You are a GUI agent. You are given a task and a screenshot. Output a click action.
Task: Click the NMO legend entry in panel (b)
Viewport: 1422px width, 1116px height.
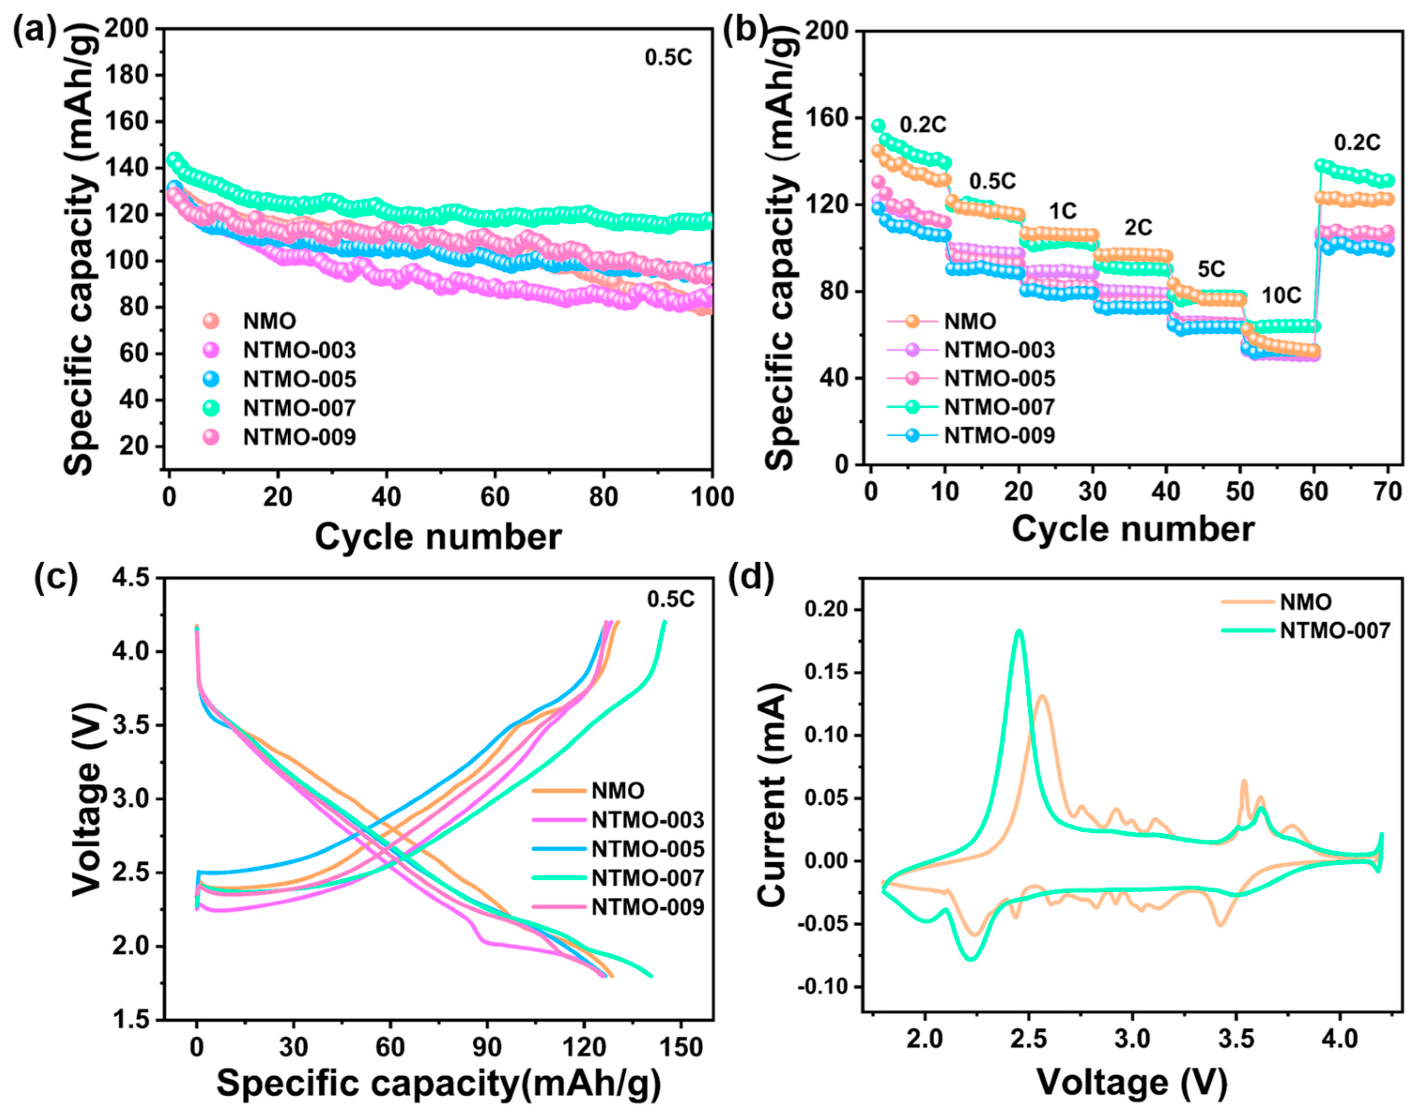[x=970, y=321]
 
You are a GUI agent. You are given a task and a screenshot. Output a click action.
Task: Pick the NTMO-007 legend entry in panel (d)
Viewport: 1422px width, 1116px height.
[x=1334, y=630]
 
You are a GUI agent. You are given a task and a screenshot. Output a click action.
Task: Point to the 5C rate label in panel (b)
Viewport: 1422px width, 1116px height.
[x=1211, y=268]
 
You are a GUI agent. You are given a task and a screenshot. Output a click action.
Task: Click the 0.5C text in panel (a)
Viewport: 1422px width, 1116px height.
[x=668, y=58]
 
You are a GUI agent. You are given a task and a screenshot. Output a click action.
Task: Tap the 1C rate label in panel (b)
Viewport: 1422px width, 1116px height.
[x=1062, y=211]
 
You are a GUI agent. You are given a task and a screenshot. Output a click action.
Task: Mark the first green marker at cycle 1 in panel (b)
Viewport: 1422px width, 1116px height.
[x=878, y=125]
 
